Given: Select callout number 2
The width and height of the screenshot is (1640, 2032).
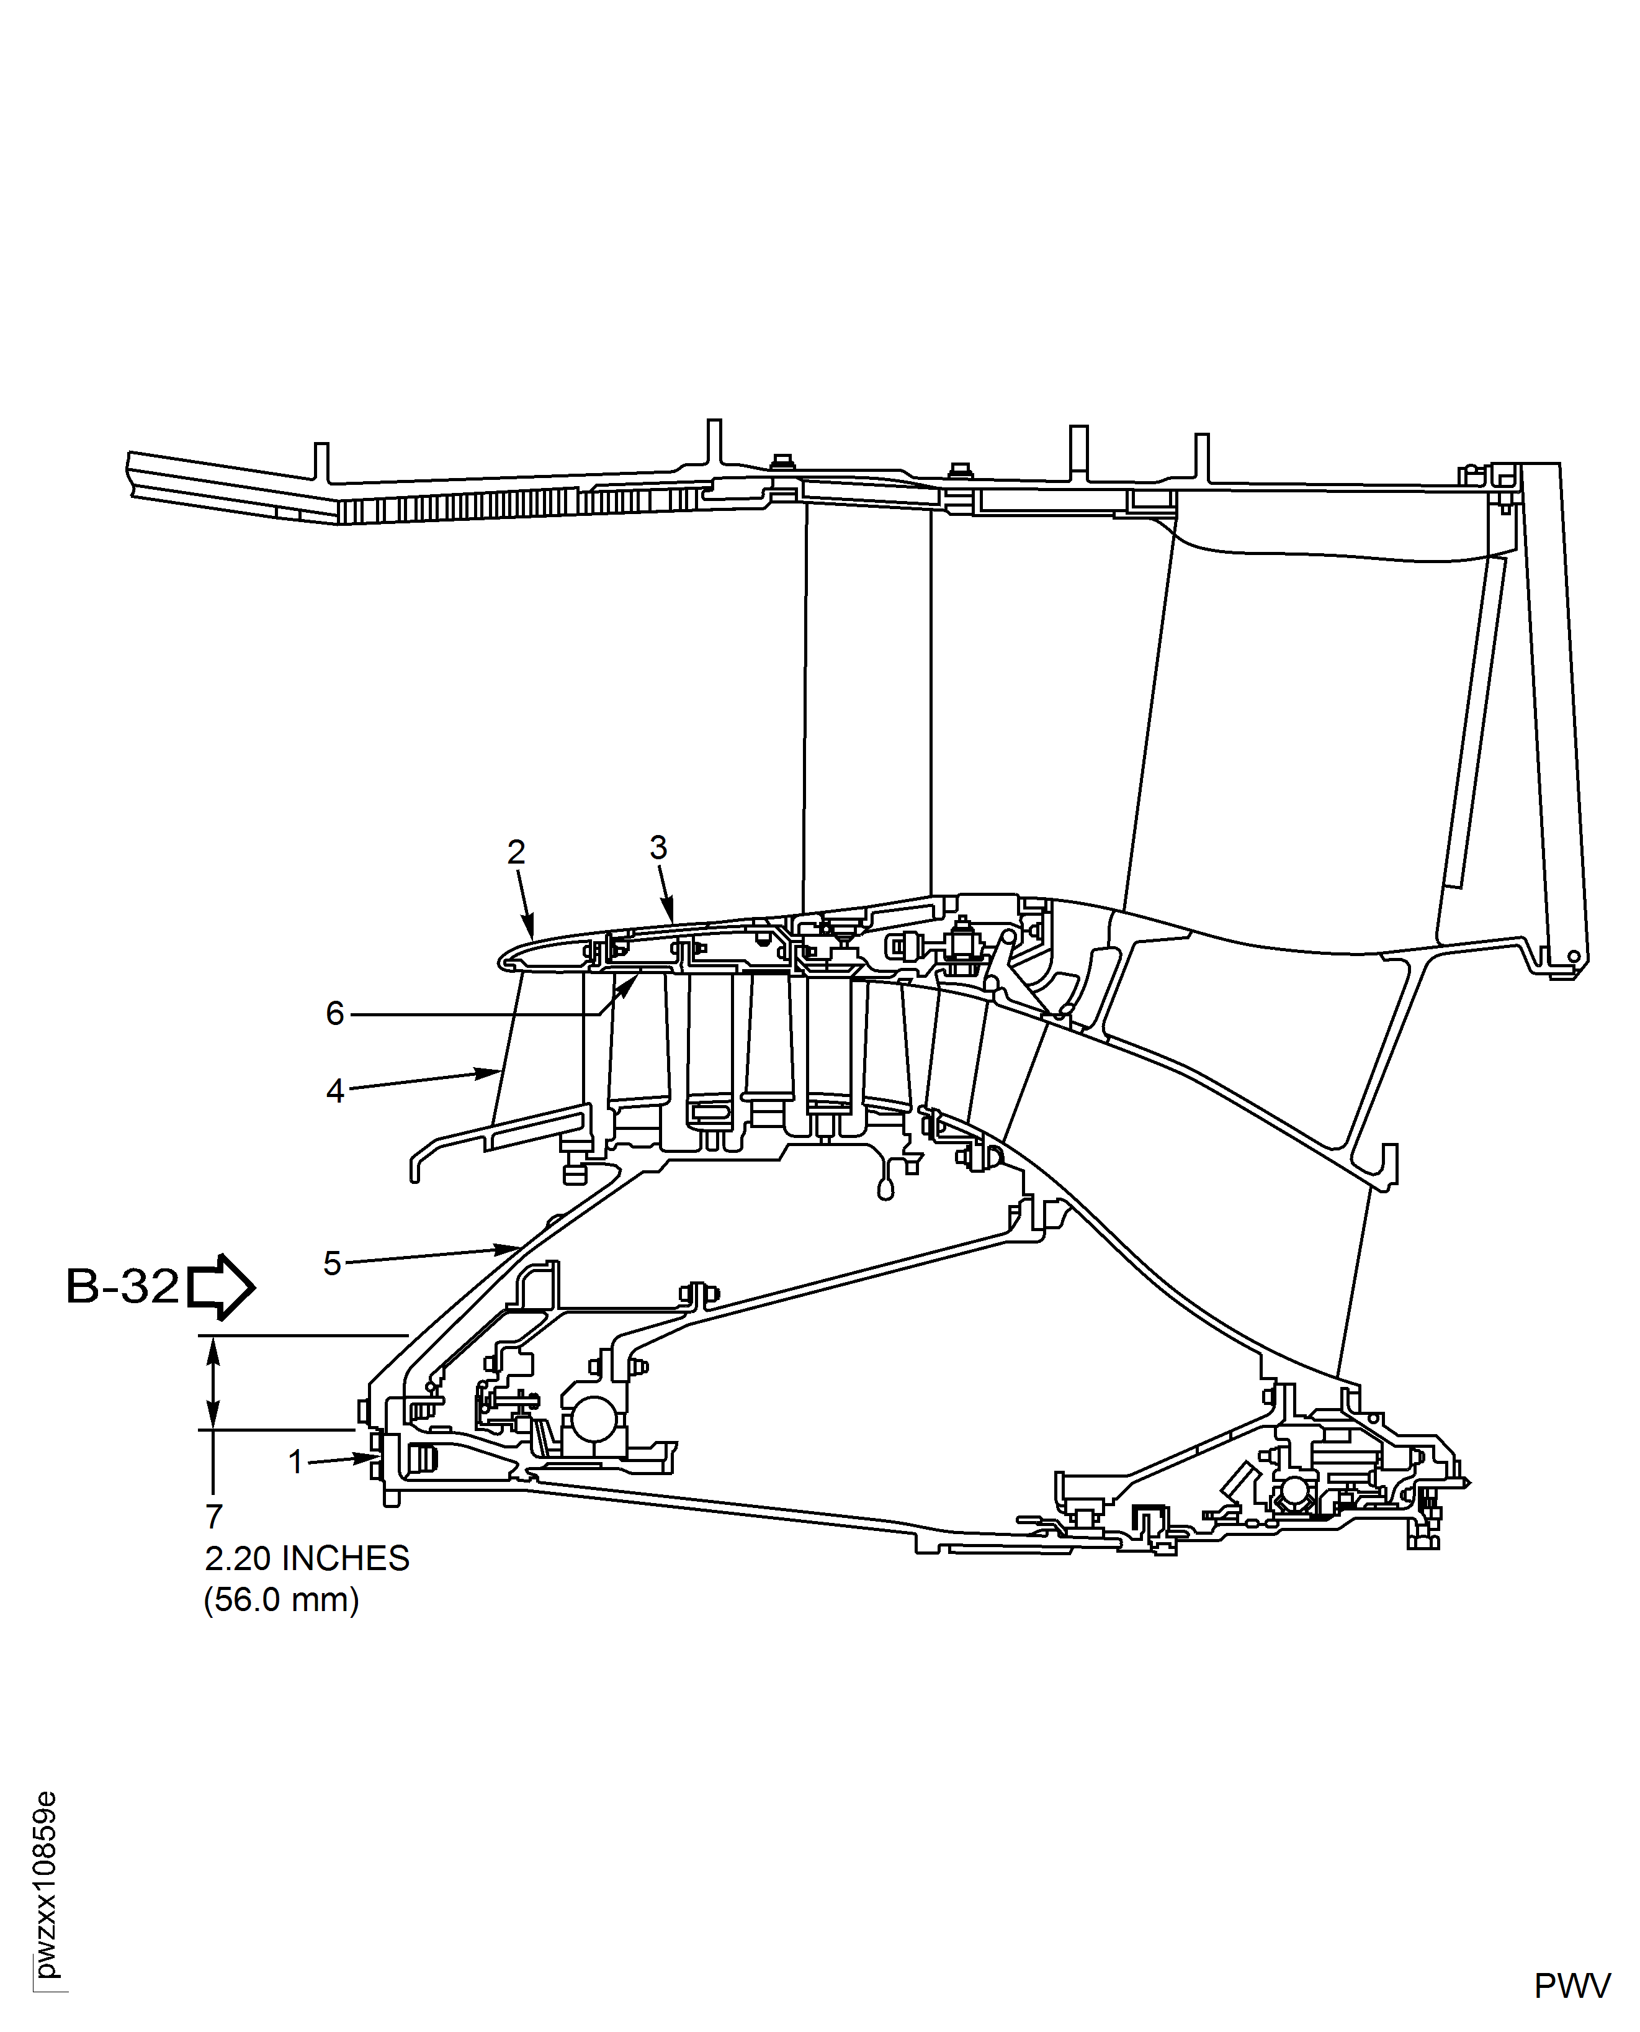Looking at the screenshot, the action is point(516,852).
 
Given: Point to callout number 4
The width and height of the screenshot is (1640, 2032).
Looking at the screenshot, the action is point(335,1091).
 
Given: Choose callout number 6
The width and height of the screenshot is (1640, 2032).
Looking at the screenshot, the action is point(335,1014).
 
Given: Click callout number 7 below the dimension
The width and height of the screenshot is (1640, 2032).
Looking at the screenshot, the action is point(215,1517).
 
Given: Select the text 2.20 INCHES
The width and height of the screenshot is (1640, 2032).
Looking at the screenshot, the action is point(307,1558).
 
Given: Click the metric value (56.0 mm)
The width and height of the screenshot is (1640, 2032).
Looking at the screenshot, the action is point(282,1600).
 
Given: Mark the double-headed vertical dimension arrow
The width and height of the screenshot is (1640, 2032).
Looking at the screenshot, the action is point(213,1383).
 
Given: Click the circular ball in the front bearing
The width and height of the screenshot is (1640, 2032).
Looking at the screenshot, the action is point(591,1420).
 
